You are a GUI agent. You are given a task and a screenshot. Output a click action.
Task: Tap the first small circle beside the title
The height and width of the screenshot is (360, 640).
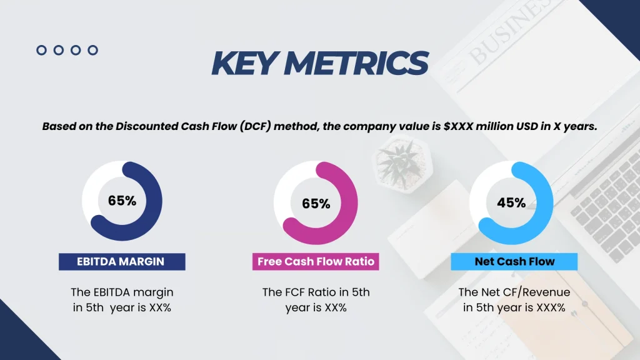coord(42,50)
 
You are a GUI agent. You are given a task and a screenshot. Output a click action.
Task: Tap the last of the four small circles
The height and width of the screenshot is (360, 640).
coord(92,50)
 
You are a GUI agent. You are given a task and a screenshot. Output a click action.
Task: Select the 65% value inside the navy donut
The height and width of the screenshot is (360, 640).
coord(122,201)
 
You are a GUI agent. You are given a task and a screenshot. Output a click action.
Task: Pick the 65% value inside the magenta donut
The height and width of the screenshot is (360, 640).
coord(316,204)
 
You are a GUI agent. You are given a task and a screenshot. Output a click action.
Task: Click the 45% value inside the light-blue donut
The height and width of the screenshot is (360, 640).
coord(511,202)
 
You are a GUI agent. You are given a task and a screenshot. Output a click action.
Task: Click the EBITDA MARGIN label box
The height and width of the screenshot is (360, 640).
coord(122,261)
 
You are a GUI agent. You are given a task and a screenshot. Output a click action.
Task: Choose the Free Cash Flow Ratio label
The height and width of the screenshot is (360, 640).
coord(316,261)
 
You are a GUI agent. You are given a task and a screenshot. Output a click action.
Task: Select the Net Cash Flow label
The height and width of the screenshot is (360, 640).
coord(514,261)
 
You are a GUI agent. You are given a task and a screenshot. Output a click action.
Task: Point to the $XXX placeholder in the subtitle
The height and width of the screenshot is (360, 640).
coord(457,126)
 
